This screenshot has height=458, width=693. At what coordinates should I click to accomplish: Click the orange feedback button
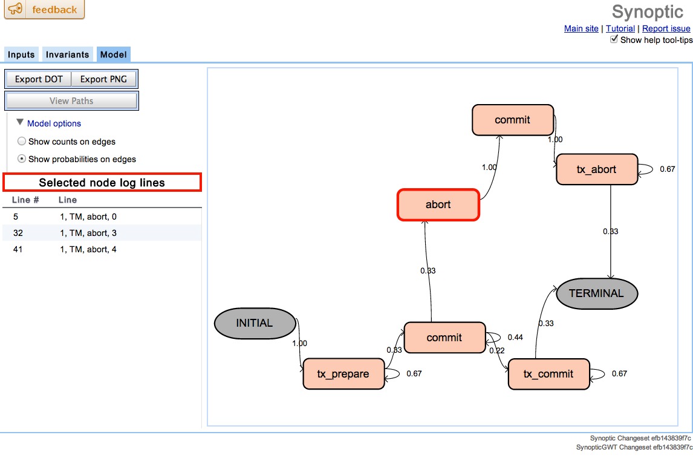pyautogui.click(x=44, y=10)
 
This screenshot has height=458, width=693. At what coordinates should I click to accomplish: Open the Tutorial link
pyautogui.click(x=620, y=28)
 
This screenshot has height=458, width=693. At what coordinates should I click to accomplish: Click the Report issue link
pyautogui.click(x=666, y=28)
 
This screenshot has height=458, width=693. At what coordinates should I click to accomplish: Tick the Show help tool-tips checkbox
pyautogui.click(x=614, y=39)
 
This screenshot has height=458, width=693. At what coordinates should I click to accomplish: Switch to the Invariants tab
pyautogui.click(x=67, y=54)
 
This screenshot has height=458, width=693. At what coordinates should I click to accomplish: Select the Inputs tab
pyautogui.click(x=21, y=54)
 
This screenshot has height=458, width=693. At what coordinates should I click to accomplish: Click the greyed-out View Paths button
pyautogui.click(x=71, y=101)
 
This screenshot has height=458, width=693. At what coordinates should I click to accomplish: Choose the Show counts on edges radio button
pyautogui.click(x=22, y=142)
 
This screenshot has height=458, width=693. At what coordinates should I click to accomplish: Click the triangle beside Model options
pyautogui.click(x=20, y=123)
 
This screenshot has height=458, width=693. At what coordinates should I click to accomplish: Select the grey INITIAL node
pyautogui.click(x=255, y=323)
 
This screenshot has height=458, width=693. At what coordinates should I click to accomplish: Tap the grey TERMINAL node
pyautogui.click(x=596, y=293)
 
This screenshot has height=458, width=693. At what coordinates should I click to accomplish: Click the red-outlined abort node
pyautogui.click(x=438, y=204)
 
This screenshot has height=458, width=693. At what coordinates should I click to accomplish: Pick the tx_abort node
pyautogui.click(x=596, y=169)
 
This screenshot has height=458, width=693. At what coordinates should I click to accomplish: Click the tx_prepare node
pyautogui.click(x=343, y=374)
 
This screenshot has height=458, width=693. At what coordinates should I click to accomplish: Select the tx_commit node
pyautogui.click(x=548, y=374)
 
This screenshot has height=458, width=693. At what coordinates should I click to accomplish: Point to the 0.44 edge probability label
pyautogui.click(x=515, y=337)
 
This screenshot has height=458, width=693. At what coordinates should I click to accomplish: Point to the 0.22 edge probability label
pyautogui.click(x=496, y=351)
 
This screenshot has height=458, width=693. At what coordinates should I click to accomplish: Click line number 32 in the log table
pyautogui.click(x=18, y=232)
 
